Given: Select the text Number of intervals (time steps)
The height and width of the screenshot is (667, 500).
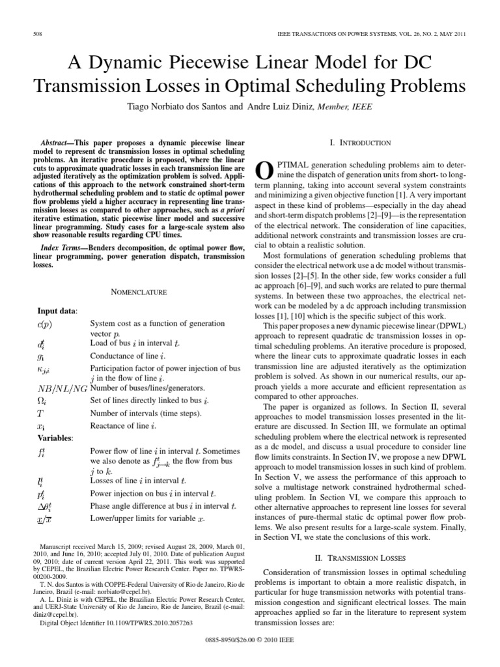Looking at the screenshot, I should [x=146, y=413].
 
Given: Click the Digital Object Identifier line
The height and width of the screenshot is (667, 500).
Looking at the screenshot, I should [x=117, y=622].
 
